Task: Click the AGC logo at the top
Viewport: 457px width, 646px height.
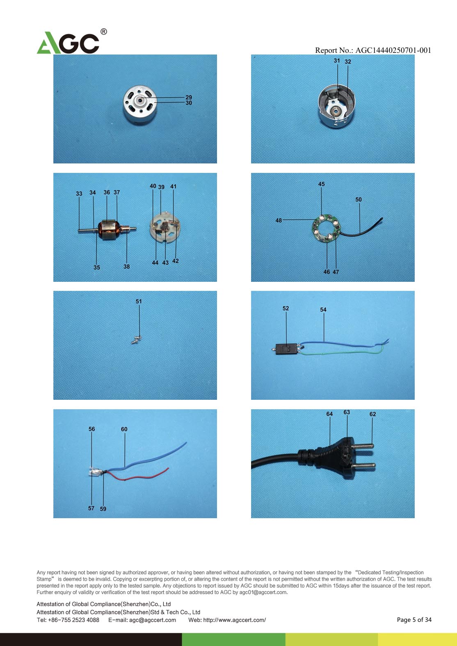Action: click(x=72, y=42)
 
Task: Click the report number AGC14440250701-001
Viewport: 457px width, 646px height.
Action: click(x=393, y=50)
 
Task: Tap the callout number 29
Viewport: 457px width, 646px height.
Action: click(x=189, y=97)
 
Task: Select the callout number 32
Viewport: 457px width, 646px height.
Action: click(x=348, y=62)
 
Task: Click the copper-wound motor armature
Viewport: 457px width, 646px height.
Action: click(x=107, y=229)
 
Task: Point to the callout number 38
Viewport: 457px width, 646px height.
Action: click(x=126, y=267)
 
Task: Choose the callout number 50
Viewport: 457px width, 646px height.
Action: click(x=359, y=199)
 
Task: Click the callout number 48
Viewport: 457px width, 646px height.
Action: click(x=279, y=220)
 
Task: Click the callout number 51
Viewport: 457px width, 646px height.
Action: click(x=139, y=301)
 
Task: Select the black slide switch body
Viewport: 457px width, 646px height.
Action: click(x=286, y=349)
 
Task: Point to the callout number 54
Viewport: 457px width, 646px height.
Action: click(x=323, y=310)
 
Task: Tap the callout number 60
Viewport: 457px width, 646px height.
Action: click(x=124, y=429)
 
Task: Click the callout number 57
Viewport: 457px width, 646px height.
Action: click(x=91, y=508)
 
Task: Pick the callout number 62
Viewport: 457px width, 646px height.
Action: click(x=372, y=414)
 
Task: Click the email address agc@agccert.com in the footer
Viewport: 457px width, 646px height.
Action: click(x=153, y=620)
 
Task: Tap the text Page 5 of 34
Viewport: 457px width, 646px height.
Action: click(x=414, y=620)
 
